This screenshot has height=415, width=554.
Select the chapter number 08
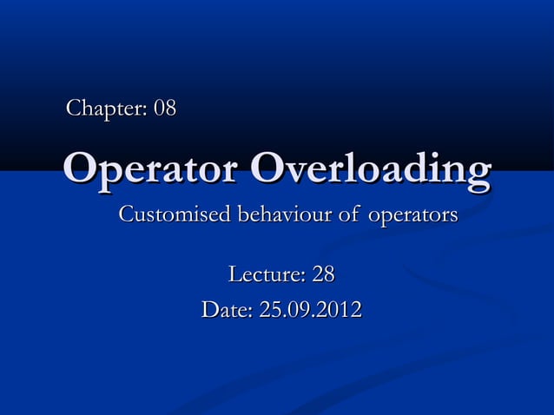165,109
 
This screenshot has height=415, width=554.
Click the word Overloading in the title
370,168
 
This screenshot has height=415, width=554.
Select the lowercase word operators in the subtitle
412,215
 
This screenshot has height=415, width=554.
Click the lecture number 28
323,276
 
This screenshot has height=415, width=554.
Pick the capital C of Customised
126,214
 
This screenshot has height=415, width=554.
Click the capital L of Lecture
233,276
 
